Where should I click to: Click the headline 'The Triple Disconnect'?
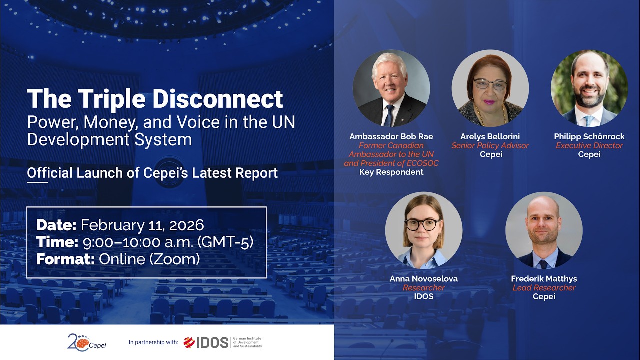[x=155, y=99]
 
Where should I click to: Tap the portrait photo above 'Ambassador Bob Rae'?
[x=391, y=88]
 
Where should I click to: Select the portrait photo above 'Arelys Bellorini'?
[x=490, y=88]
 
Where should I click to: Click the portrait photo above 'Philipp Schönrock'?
[x=589, y=88]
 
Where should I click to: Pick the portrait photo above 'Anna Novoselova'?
[x=424, y=230]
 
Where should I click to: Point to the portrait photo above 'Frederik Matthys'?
[x=544, y=230]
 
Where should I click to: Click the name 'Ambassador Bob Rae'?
[x=391, y=137]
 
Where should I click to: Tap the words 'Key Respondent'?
[x=391, y=172]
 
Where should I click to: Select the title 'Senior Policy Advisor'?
[x=490, y=146]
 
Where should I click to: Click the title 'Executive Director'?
[x=589, y=146]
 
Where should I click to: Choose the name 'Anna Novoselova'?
[x=424, y=279]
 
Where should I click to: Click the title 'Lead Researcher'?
[x=544, y=288]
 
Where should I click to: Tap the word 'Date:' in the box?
[x=56, y=225]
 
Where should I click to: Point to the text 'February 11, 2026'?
[x=142, y=225]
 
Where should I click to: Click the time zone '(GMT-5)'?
[x=226, y=242]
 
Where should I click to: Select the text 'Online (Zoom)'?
[x=149, y=259]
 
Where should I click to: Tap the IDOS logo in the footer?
[x=206, y=342]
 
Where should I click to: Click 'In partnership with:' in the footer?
[x=153, y=343]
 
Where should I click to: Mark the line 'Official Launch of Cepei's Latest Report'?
[x=152, y=173]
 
